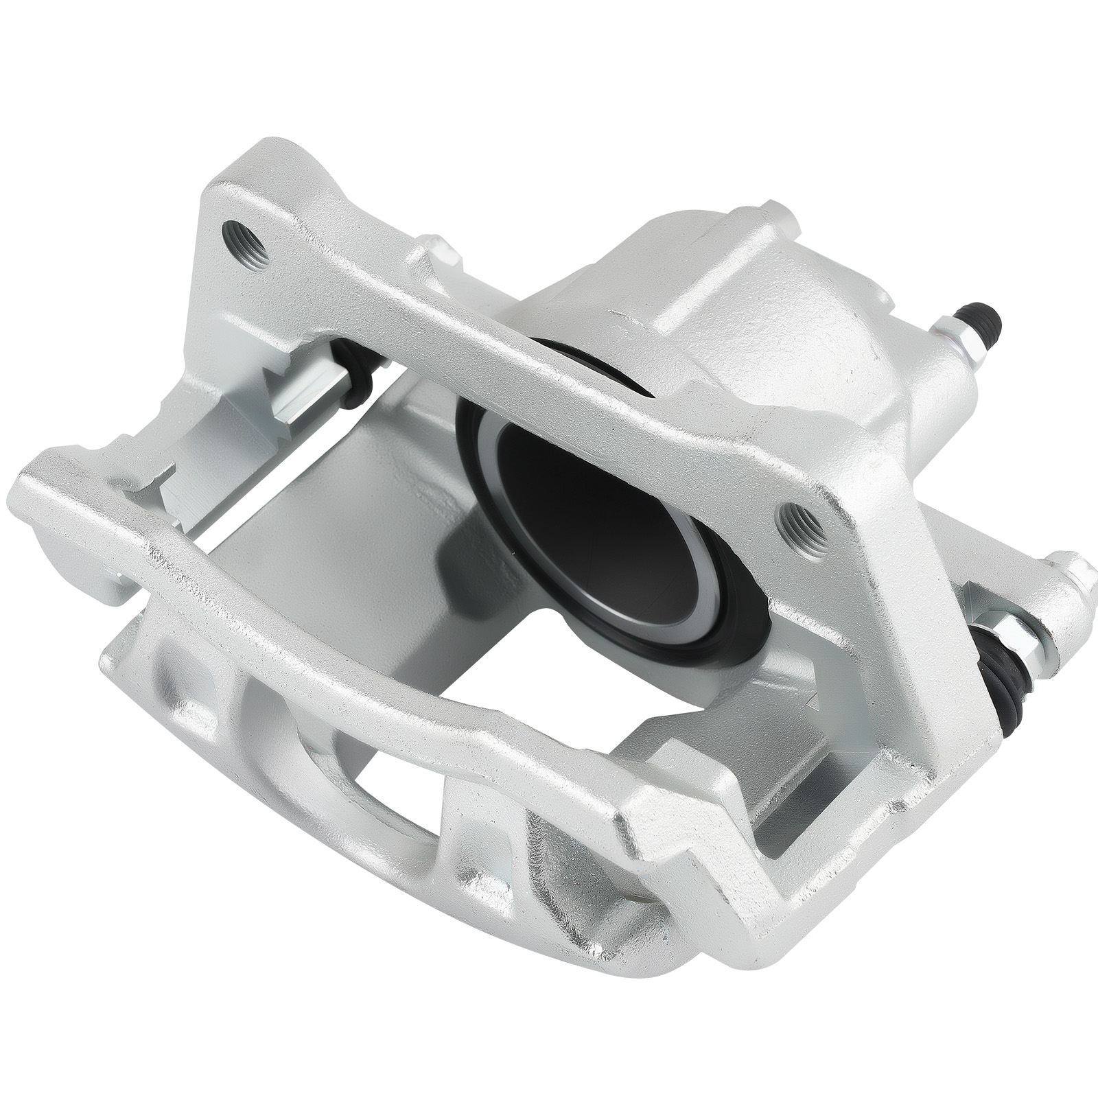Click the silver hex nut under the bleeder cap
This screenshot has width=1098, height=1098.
click(x=966, y=350)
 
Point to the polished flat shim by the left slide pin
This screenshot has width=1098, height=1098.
click(x=309, y=398)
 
